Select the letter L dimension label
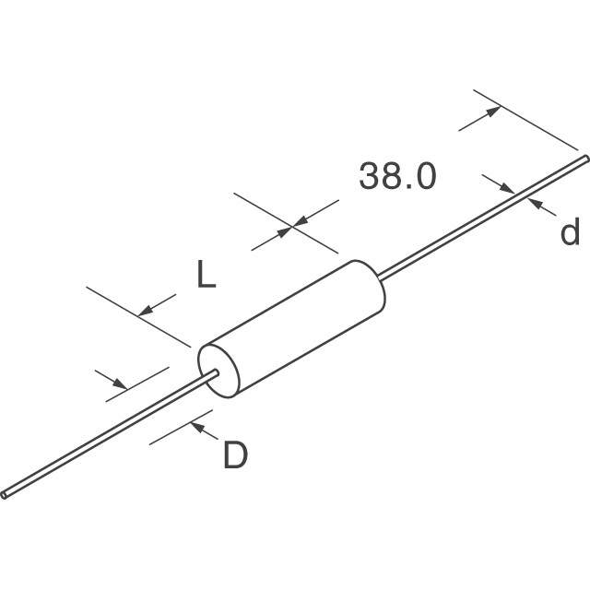coord(206,275)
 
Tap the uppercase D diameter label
coord(235,454)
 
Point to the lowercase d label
coord(571,233)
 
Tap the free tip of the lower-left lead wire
coord(6,494)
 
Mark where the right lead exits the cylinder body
coord(381,275)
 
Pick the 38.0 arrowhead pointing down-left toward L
coord(301,221)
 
